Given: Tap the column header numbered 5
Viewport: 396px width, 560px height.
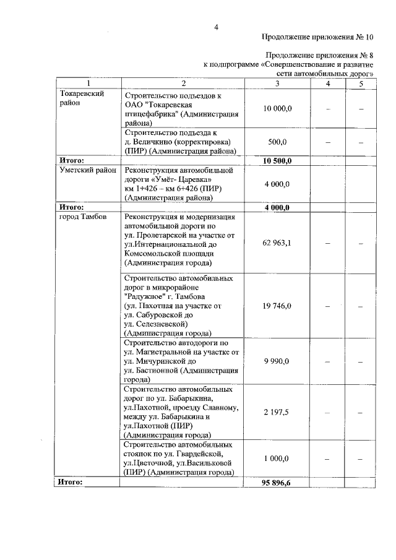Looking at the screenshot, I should click(359, 84).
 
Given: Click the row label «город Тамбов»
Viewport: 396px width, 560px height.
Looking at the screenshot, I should click(82, 217).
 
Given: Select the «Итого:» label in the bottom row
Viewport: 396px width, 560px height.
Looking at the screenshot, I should click(71, 481).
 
